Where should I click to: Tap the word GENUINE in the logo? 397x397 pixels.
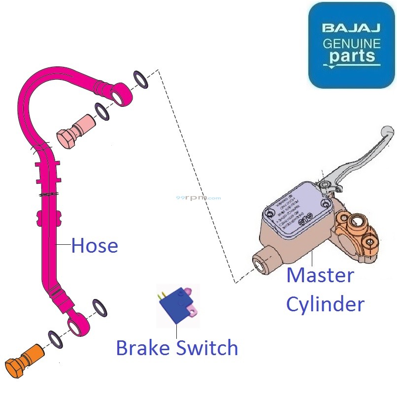point(351,43)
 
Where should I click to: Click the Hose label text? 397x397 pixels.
point(95,245)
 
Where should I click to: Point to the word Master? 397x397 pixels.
point(320,275)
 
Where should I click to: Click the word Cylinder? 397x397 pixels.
point(325,304)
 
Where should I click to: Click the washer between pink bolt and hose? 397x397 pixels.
point(102,112)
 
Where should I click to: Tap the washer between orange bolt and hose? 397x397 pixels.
point(55,339)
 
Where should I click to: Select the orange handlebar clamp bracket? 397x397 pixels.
point(354,234)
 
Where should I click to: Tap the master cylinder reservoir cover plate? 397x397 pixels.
point(296,207)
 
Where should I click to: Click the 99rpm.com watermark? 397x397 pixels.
point(198,198)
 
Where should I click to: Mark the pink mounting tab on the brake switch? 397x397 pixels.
point(194,310)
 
